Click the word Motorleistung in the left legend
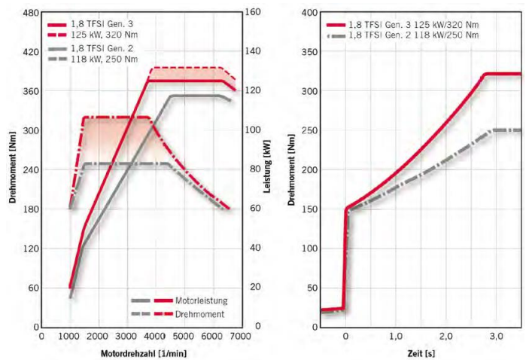point(201,301)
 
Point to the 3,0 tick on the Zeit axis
point(496,338)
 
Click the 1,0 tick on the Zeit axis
point(396,338)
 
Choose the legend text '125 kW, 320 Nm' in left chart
point(114,34)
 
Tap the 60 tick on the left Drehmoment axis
point(29,288)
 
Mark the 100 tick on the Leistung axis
point(252,131)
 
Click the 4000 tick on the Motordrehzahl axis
point(153,338)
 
